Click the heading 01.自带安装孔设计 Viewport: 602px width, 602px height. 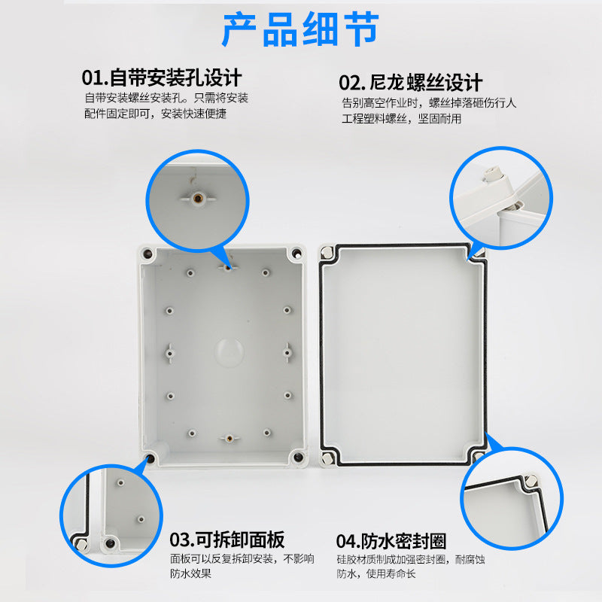[161, 78]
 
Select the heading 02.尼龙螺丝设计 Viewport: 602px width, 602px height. [410, 82]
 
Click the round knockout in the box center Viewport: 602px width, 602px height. [227, 350]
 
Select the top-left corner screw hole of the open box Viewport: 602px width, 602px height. [147, 254]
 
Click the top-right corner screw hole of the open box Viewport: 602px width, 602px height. [297, 254]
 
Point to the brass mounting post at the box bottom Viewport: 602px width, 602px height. [224, 436]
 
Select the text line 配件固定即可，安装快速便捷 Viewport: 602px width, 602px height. [155, 114]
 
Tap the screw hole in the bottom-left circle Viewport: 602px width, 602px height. [111, 543]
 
